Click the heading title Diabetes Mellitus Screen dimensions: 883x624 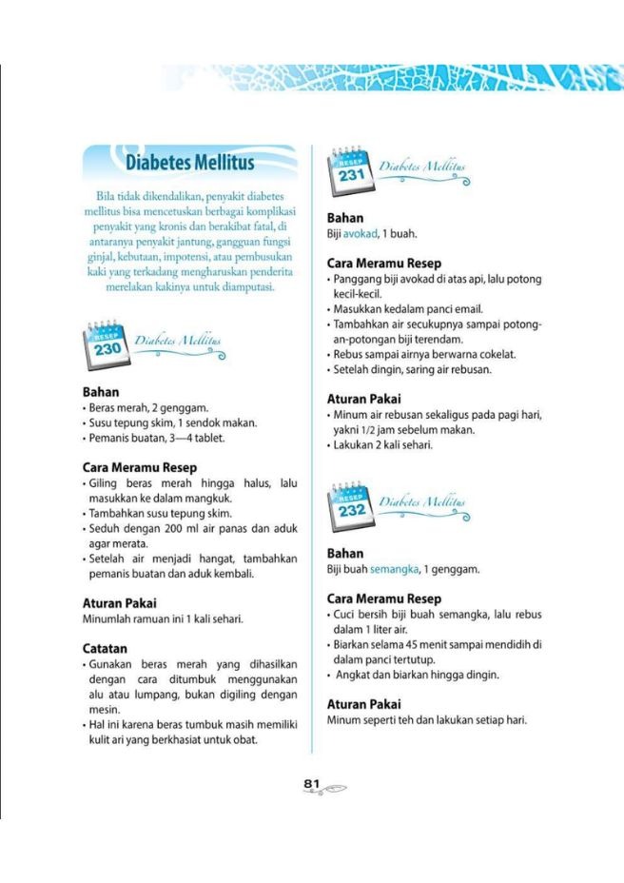point(190,163)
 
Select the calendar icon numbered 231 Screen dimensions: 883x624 point(350,171)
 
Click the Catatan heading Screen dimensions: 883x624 point(105,648)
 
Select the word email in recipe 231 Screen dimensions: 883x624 point(467,308)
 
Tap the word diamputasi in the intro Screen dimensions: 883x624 point(244,287)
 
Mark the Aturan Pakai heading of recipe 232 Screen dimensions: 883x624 point(363,704)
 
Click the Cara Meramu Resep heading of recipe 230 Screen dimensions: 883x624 point(140,467)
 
